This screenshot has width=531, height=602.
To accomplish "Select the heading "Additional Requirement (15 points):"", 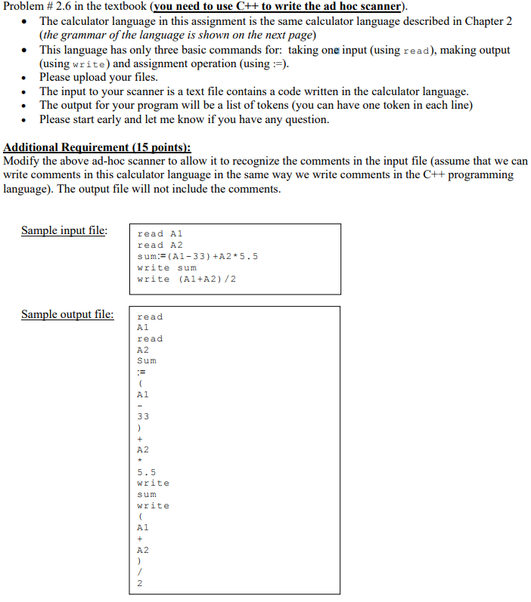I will pos(98,148).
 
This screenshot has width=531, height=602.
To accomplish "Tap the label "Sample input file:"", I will pos(64,230).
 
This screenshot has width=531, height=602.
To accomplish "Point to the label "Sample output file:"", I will pos(67,314).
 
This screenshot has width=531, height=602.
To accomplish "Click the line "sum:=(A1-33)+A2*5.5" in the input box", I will pos(197,256).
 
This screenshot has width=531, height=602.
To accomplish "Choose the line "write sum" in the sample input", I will pos(166,267).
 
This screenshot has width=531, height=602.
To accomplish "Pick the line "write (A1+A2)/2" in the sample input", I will pos(185,279).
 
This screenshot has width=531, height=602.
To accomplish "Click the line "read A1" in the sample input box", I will pos(160,233).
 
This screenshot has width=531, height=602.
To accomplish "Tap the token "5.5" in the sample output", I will pos(146,472).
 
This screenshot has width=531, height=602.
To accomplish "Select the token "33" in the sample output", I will pos(143,416).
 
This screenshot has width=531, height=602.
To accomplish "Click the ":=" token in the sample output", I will pos(141,372).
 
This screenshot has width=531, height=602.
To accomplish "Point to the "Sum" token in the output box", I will pos(146,360).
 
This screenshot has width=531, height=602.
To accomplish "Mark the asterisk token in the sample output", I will pos(140,461).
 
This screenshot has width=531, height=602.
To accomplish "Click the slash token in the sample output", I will pos(139,572).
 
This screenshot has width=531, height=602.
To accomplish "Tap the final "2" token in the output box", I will pos(140,583).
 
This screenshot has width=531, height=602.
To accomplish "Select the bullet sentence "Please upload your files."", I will pos(98,77).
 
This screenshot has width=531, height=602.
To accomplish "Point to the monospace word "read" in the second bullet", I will pos(417,50).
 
